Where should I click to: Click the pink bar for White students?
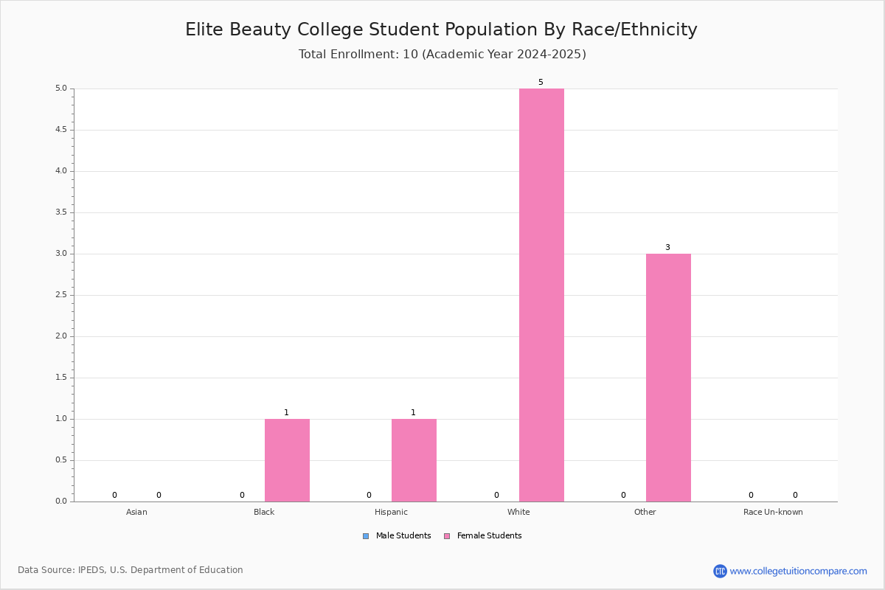541,295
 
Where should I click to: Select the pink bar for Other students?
668,378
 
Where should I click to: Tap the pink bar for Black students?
287,460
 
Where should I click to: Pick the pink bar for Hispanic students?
414,460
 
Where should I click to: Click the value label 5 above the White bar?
541,82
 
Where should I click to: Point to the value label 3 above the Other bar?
667,247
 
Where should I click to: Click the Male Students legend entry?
397,536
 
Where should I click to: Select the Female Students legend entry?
483,536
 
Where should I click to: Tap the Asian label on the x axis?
136,512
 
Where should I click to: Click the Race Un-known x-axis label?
773,512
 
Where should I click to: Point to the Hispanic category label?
391,512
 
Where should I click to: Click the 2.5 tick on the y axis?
61,295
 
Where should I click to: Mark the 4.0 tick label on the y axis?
61,171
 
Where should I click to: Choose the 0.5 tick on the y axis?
61,460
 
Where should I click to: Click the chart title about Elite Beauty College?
441,29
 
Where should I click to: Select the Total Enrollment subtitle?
442,54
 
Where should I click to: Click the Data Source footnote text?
131,570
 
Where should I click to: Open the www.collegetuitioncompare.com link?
799,571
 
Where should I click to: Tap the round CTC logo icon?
720,571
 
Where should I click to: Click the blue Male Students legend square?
366,536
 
